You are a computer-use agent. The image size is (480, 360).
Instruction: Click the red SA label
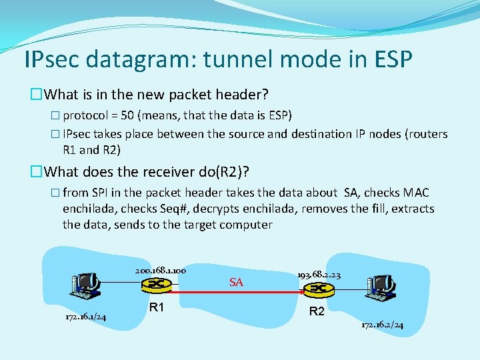point(236,283)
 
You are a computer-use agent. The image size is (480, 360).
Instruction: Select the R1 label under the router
point(157,307)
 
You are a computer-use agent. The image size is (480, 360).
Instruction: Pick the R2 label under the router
point(317,311)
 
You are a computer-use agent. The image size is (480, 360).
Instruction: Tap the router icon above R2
point(316,289)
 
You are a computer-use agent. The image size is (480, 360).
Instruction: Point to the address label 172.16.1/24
point(85,317)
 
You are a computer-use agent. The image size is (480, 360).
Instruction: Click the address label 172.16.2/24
point(382,325)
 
